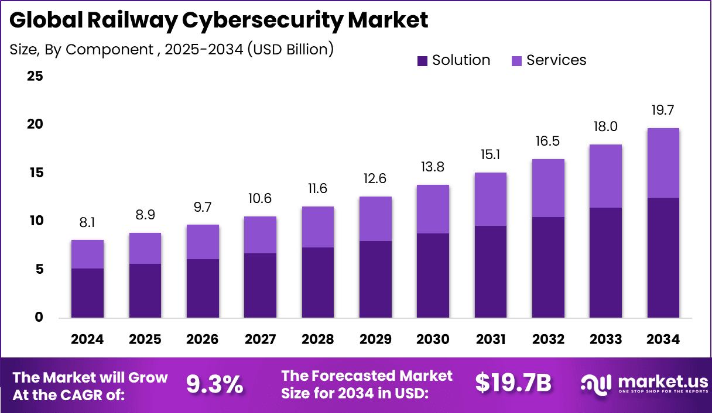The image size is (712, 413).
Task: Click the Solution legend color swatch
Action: (x=423, y=60)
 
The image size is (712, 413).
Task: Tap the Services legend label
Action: (x=556, y=60)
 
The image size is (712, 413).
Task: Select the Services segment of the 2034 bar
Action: (x=663, y=163)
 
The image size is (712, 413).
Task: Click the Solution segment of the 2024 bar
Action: (x=87, y=293)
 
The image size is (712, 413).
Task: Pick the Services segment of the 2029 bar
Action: (x=375, y=219)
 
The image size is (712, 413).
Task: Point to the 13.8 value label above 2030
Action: (x=433, y=167)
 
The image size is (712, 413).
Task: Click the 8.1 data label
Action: (x=87, y=222)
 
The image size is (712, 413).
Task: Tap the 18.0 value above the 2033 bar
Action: (x=605, y=127)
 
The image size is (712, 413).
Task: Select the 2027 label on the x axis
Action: (x=260, y=340)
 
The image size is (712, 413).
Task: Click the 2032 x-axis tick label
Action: (x=548, y=340)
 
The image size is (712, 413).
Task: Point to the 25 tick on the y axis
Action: (x=35, y=76)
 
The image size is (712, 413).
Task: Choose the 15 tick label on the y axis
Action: (x=35, y=173)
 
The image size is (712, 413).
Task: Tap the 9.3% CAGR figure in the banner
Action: (x=214, y=384)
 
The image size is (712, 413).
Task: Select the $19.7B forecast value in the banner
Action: (x=513, y=384)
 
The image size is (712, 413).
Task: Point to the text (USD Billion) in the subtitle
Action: (x=290, y=49)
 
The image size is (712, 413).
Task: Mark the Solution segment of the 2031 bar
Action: (x=491, y=272)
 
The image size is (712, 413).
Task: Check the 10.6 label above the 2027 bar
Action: (x=260, y=199)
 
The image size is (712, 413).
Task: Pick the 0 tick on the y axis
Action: (x=39, y=318)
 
